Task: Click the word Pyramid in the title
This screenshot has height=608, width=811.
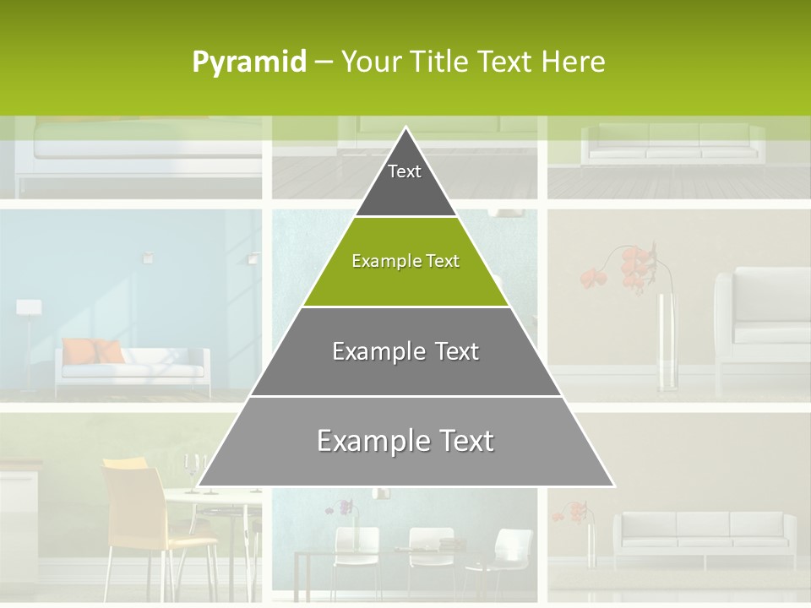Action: pos(249,62)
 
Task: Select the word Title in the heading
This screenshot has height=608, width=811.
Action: pos(443,62)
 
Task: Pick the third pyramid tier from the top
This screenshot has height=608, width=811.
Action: pos(405,359)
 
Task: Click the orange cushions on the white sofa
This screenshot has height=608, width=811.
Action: pos(94,350)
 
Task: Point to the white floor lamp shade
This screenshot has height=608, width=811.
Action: pos(30,307)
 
